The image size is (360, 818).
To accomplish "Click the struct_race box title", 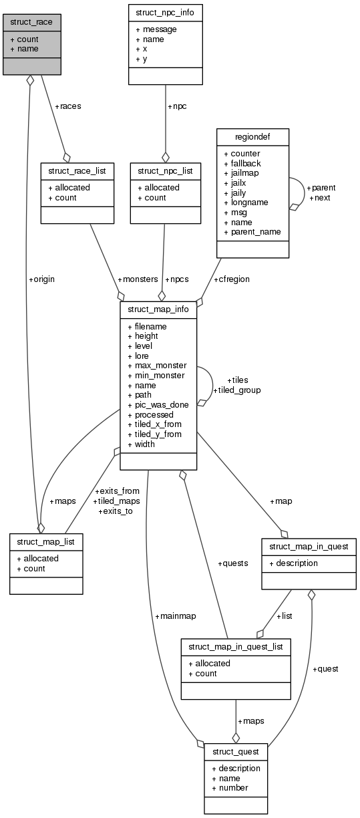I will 31,22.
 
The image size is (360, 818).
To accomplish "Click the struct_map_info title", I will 158,309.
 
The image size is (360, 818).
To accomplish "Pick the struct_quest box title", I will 236,752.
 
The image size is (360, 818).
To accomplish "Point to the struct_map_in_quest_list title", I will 236,646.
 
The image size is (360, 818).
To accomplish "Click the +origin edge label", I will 41,279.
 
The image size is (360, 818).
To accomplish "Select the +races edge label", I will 67,106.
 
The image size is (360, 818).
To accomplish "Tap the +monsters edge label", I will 138,279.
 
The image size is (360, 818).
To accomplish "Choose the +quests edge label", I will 233,563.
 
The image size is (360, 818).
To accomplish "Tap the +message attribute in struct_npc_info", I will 157,29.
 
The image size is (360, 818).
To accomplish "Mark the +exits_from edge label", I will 117,491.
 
